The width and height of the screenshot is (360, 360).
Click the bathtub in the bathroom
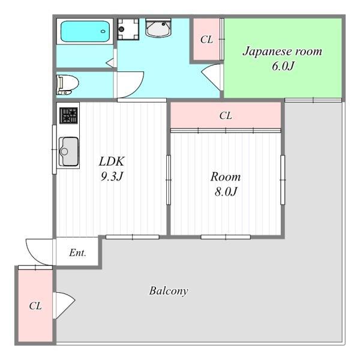85,31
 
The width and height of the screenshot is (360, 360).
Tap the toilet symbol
67,85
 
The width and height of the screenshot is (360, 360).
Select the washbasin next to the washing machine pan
158,28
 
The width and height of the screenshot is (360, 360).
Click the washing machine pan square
128,29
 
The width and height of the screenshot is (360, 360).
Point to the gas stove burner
68,115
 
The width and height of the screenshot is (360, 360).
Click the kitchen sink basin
68,152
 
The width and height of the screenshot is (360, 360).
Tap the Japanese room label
282,52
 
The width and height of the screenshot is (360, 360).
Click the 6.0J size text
283,66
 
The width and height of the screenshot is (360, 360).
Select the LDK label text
112,161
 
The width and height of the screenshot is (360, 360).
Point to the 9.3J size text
112,176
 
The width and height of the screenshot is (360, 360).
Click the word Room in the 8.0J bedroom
226,177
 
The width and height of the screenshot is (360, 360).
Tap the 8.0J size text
226,191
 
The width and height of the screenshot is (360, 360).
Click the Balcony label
169,291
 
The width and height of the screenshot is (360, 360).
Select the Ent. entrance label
77,253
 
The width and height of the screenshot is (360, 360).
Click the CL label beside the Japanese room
206,40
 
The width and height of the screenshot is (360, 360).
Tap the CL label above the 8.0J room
226,115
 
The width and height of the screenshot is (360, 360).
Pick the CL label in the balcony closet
35,306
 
